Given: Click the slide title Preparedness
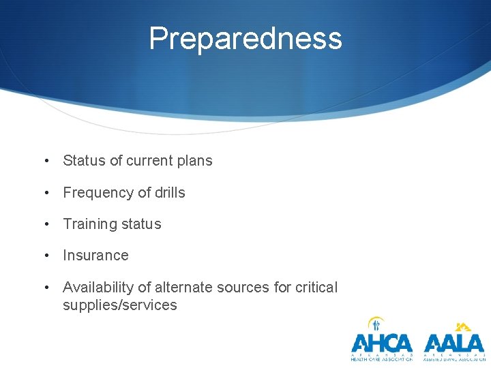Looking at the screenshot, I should tap(245, 38).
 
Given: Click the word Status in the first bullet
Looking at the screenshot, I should tap(84, 161).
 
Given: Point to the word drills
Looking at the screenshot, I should tap(169, 193).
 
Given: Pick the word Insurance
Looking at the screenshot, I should tap(95, 256).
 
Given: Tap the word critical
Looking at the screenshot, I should tap(316, 288).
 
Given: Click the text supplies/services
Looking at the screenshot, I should tap(120, 305).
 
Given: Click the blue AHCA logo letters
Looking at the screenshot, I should tap(382, 342).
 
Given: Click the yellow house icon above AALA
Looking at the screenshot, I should tap(463, 326).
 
